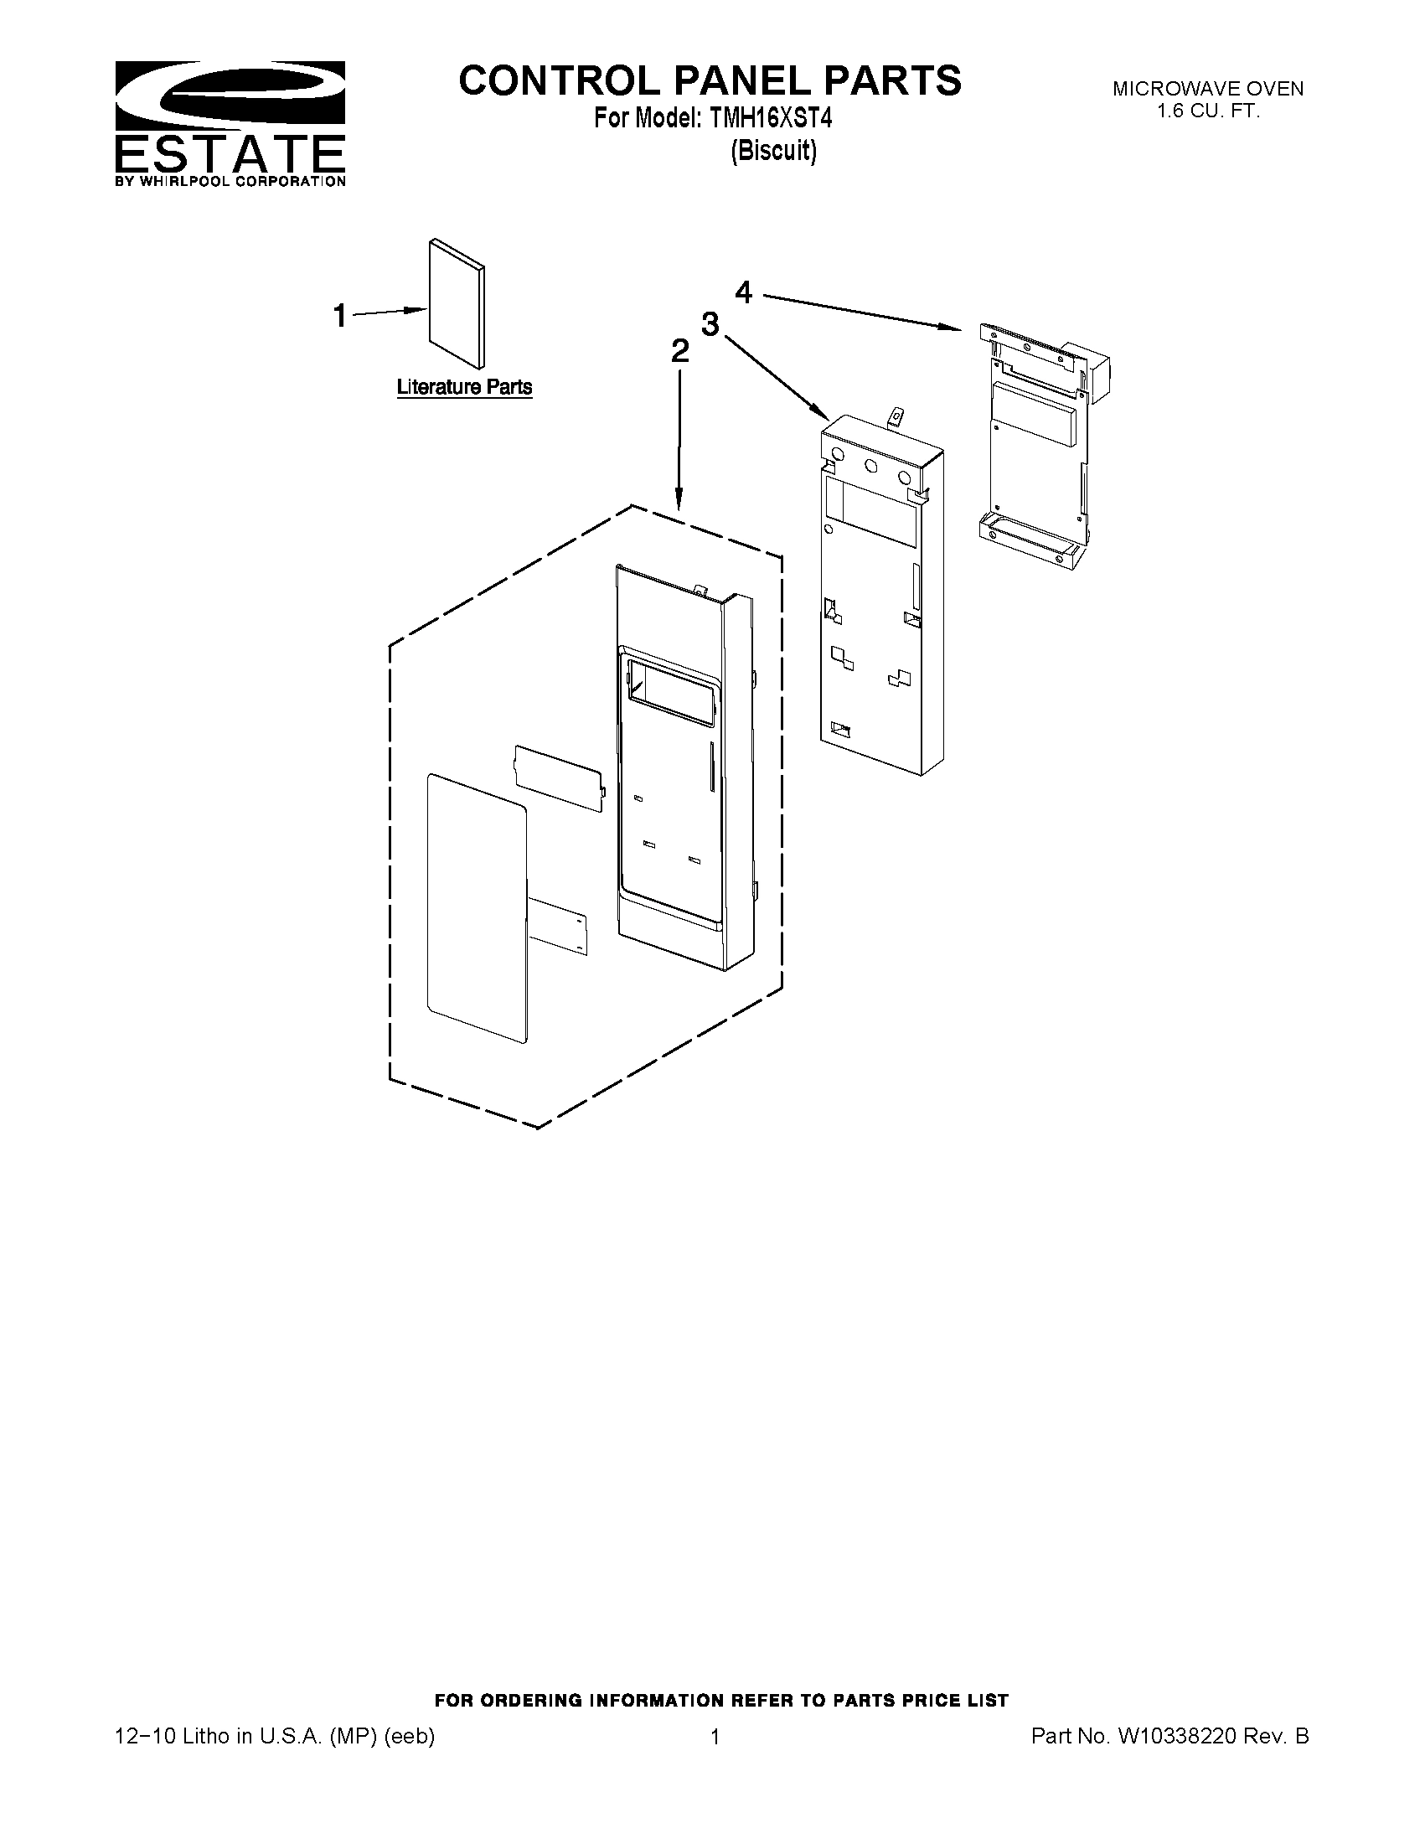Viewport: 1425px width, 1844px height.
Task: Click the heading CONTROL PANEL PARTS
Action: coord(709,80)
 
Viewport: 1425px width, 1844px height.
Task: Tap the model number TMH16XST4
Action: coord(771,119)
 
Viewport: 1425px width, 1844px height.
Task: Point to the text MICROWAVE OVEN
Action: coord(1207,89)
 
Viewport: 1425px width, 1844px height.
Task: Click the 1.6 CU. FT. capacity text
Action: coord(1207,111)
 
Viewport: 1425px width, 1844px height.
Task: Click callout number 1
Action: coord(339,316)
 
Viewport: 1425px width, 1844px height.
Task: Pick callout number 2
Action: coord(679,351)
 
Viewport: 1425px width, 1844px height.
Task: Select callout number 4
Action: coord(743,292)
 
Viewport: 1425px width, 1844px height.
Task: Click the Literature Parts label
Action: coord(464,387)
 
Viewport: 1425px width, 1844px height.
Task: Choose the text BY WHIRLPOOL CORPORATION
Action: coord(230,181)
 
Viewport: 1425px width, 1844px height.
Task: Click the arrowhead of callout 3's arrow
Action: coord(826,416)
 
